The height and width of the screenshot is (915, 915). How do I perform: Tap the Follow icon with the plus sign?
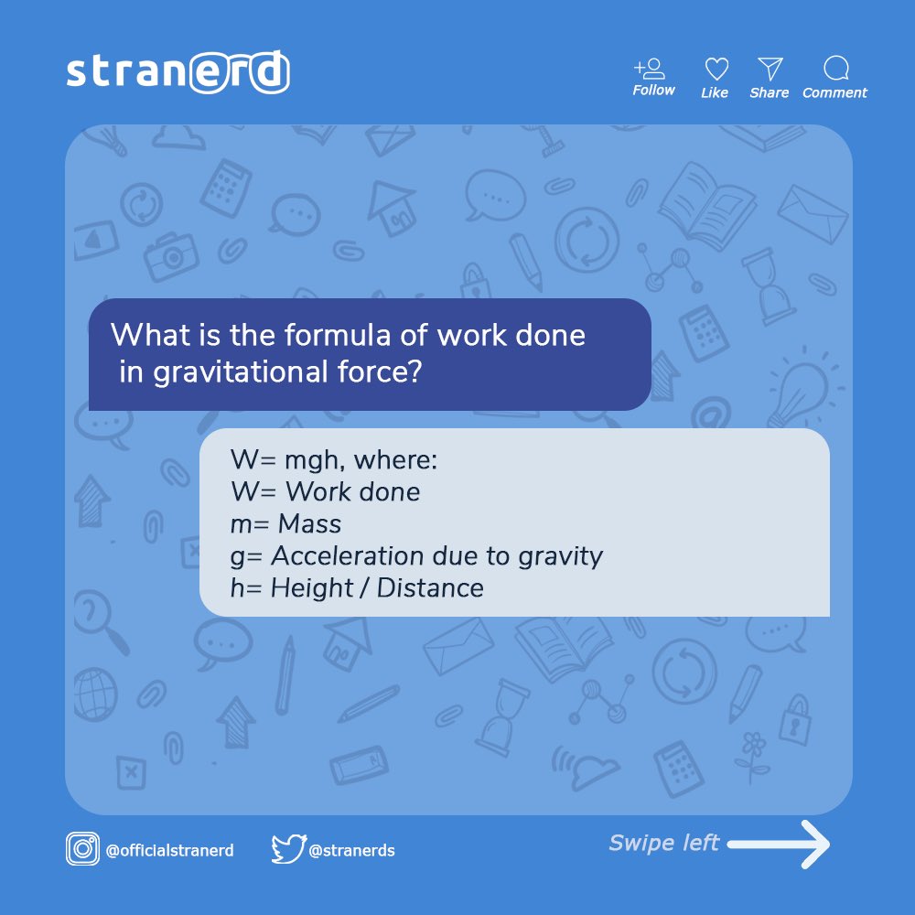pos(651,69)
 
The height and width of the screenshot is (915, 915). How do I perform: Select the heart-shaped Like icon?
pos(716,69)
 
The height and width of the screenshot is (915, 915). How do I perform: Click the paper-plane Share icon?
pos(770,69)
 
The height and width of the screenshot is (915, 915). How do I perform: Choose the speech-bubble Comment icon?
pos(835,69)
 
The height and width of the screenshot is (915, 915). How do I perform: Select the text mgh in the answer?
pos(311,460)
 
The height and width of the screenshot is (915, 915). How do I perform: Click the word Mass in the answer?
pos(309,524)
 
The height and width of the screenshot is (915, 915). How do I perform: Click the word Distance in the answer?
pos(430,587)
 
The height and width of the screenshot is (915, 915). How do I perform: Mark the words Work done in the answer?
pos(352,492)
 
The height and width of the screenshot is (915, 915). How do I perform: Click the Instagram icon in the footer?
pos(82,849)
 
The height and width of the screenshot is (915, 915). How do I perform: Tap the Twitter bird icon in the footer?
pos(287,849)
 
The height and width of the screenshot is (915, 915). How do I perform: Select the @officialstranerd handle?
pos(170,850)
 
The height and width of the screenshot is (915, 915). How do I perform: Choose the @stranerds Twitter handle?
pos(352,850)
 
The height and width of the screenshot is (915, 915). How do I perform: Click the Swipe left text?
pos(664,843)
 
